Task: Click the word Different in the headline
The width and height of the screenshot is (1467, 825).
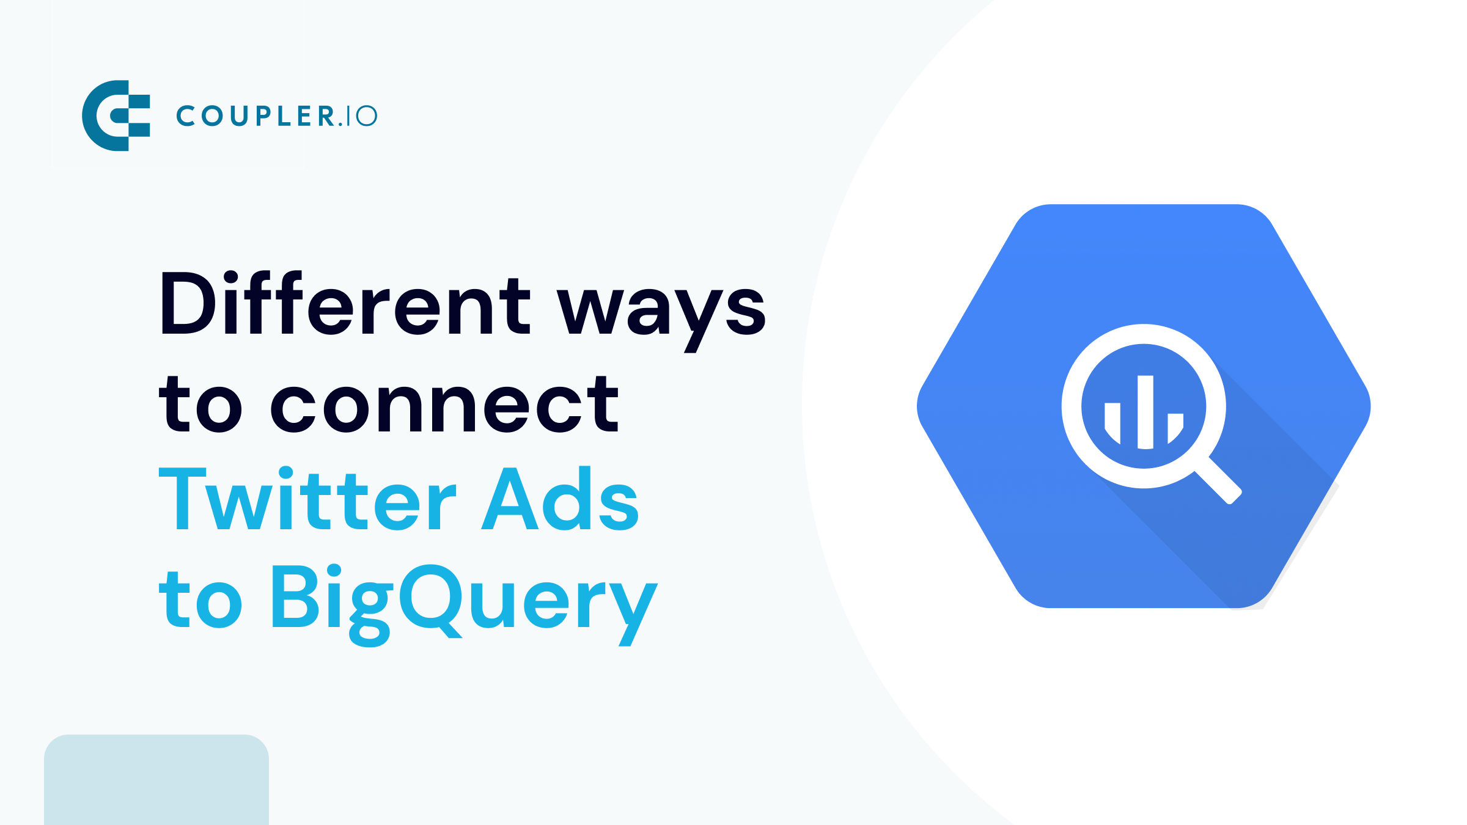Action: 345,304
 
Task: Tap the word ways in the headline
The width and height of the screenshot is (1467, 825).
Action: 661,312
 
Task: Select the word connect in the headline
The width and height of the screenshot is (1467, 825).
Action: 445,405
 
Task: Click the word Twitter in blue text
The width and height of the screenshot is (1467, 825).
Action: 307,500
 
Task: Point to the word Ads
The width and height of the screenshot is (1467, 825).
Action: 560,500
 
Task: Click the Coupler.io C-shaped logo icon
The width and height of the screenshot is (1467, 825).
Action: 116,116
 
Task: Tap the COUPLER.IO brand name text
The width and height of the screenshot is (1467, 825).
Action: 277,116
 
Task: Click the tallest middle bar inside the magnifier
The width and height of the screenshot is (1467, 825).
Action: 1145,413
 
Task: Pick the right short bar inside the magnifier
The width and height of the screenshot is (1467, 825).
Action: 1175,427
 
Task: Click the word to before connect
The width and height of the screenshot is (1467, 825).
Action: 200,405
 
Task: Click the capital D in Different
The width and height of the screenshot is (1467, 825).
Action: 187,304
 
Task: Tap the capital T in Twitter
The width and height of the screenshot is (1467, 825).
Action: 182,500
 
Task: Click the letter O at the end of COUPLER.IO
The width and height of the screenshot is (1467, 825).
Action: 367,116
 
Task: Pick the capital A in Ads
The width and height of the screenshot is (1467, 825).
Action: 510,500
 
